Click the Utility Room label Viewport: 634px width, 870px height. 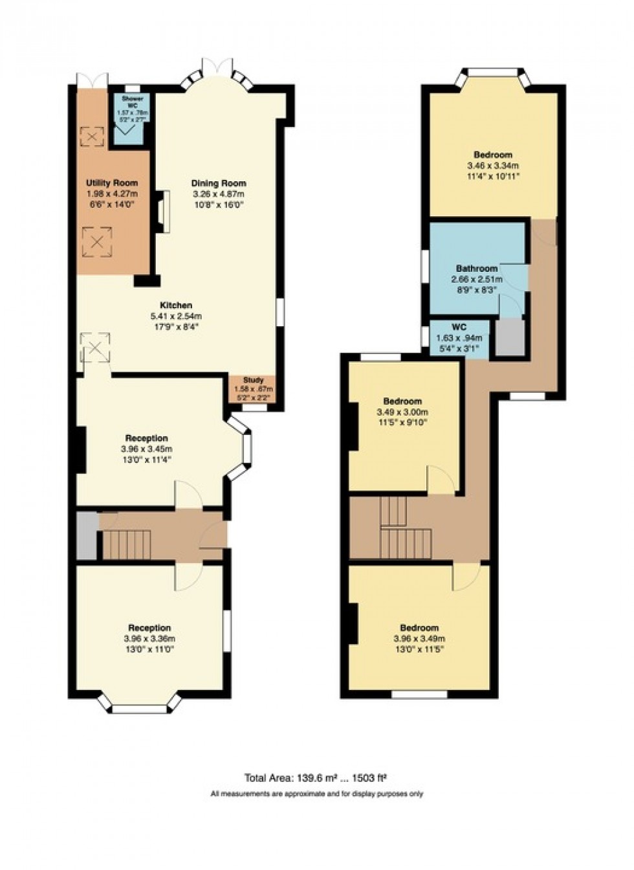pyautogui.click(x=112, y=183)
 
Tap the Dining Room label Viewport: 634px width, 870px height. pyautogui.click(x=218, y=183)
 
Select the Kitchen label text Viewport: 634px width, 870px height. pyautogui.click(x=176, y=305)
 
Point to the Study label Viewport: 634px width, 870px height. pyautogui.click(x=253, y=380)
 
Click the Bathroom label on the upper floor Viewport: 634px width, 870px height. pyautogui.click(x=476, y=268)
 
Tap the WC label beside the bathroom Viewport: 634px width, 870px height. pyautogui.click(x=459, y=327)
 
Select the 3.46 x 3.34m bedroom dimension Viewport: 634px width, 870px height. pyautogui.click(x=493, y=165)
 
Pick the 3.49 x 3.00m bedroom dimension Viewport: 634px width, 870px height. pyautogui.click(x=402, y=412)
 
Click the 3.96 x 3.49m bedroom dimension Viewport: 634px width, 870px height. pyautogui.click(x=419, y=638)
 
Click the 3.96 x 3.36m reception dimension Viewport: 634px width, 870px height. pyautogui.click(x=149, y=638)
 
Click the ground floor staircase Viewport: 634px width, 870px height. pyautogui.click(x=127, y=544)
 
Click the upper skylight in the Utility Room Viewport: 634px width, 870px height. pyautogui.click(x=91, y=137)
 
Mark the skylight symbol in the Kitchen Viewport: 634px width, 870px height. pyautogui.click(x=95, y=349)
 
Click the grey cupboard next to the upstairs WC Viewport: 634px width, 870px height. pyautogui.click(x=510, y=336)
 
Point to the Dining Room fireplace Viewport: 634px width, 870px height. pyautogui.click(x=162, y=211)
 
